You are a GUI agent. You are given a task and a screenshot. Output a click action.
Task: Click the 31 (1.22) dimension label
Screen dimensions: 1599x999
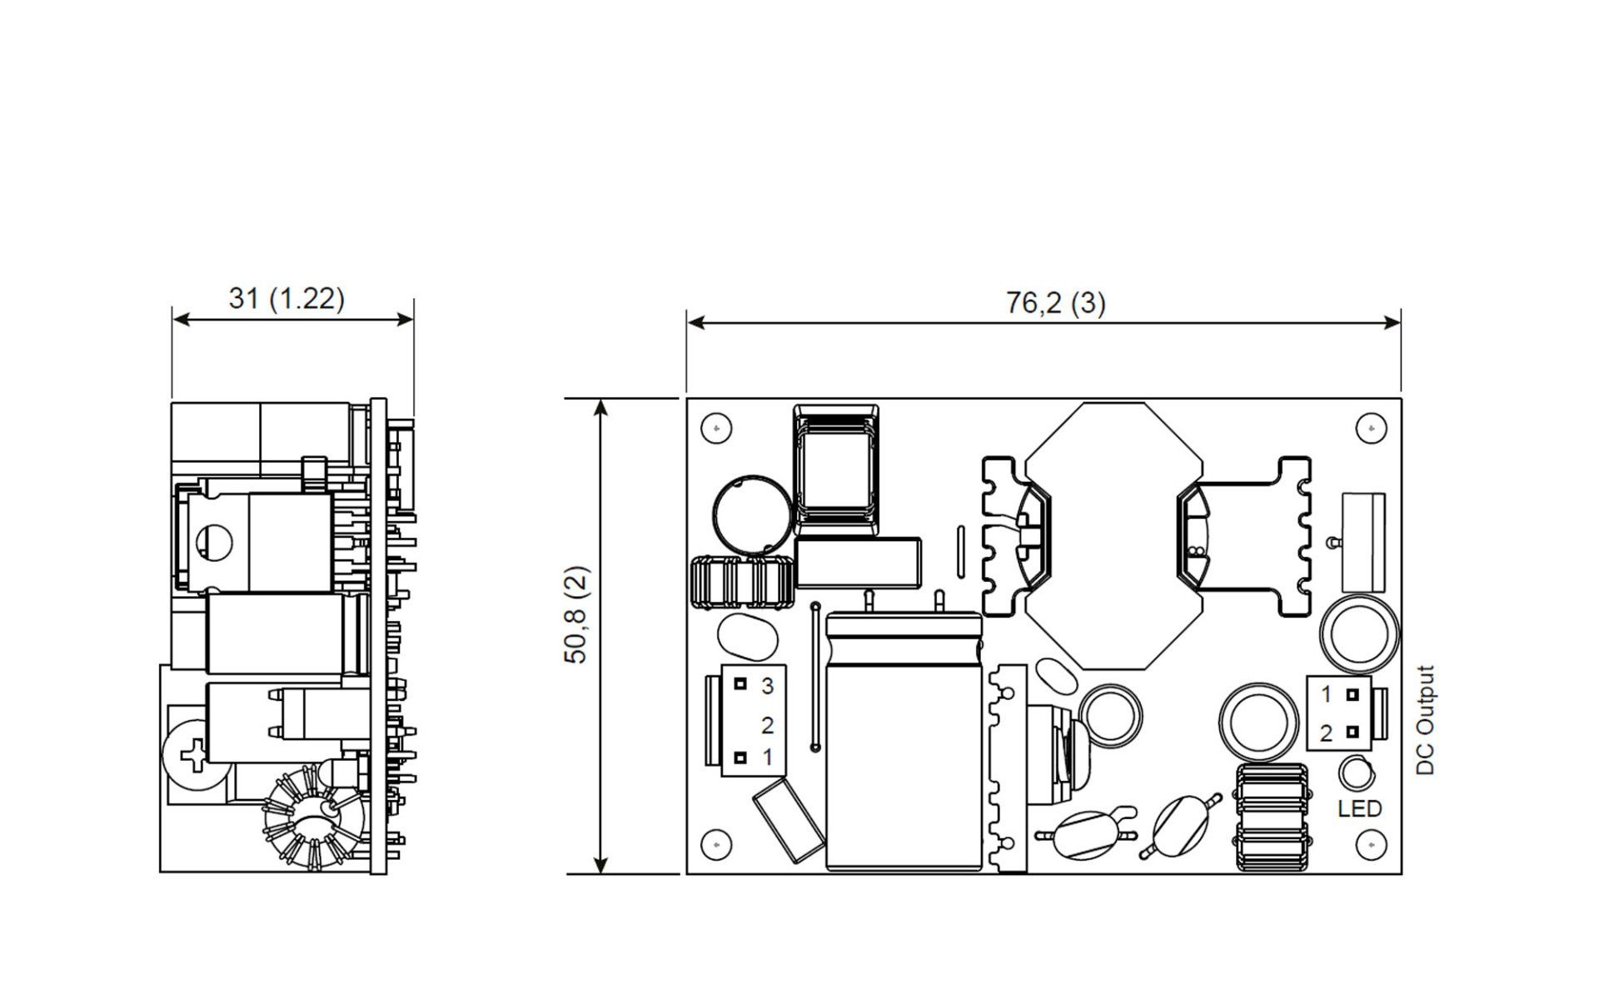(x=286, y=297)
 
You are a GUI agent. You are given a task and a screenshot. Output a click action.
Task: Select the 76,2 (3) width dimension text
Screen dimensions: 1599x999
(x=1055, y=302)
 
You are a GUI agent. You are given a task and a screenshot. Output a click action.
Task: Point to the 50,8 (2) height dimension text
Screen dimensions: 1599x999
(x=576, y=614)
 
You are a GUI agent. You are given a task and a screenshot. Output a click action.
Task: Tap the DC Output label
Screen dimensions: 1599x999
(x=1426, y=720)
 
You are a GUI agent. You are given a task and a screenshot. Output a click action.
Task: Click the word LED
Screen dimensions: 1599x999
(x=1359, y=808)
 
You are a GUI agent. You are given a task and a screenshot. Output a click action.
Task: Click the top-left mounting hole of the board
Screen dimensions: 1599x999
(x=716, y=428)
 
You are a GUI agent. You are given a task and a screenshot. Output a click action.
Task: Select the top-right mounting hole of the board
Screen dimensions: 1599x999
(x=1371, y=428)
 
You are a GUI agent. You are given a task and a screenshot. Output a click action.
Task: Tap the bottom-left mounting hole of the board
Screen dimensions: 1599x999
(x=716, y=845)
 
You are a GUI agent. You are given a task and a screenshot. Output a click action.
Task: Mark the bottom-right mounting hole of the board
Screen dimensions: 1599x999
(x=1371, y=845)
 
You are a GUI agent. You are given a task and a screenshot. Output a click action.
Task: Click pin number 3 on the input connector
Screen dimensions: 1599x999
(x=768, y=685)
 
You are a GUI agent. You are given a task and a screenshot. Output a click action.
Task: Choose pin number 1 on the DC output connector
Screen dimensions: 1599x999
(x=1326, y=693)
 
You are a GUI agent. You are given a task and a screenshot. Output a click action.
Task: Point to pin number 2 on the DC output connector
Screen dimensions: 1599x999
(x=1326, y=733)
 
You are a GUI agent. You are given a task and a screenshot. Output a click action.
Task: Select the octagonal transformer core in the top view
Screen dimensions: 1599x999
(x=1114, y=536)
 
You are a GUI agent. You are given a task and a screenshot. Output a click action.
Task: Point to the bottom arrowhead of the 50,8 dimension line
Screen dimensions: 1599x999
(x=600, y=864)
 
